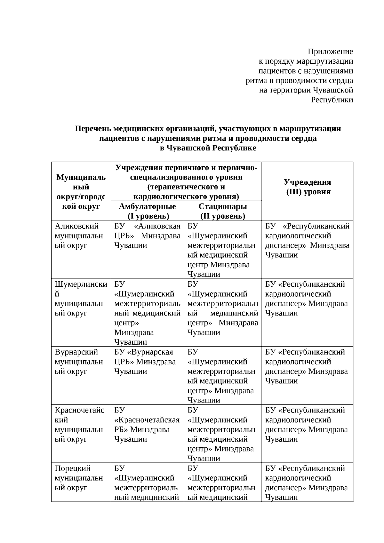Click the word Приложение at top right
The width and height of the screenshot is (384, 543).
pos(330,52)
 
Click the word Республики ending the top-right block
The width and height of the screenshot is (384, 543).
pos(332,100)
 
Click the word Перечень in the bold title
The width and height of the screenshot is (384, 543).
pos(93,129)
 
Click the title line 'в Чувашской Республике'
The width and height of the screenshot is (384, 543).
pos(208,148)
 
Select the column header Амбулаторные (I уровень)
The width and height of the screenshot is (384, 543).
pos(147,211)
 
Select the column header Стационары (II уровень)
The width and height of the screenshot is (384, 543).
pos(223,211)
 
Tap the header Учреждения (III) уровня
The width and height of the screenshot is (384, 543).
pos(307,187)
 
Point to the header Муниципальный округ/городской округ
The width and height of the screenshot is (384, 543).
pos(81,191)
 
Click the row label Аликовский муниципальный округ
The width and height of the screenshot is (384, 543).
pos(79,236)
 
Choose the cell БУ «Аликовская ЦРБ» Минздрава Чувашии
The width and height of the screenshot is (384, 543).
pos(147,236)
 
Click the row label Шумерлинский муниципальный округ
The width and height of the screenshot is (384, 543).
pos(81,299)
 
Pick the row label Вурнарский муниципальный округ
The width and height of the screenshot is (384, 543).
pos(79,362)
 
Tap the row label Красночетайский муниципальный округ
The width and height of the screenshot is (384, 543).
pos(79,425)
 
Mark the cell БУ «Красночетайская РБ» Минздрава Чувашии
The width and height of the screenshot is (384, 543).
pos(147,425)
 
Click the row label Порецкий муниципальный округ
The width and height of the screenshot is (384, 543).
pos(79,478)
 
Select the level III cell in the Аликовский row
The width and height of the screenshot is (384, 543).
pos(307,241)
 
